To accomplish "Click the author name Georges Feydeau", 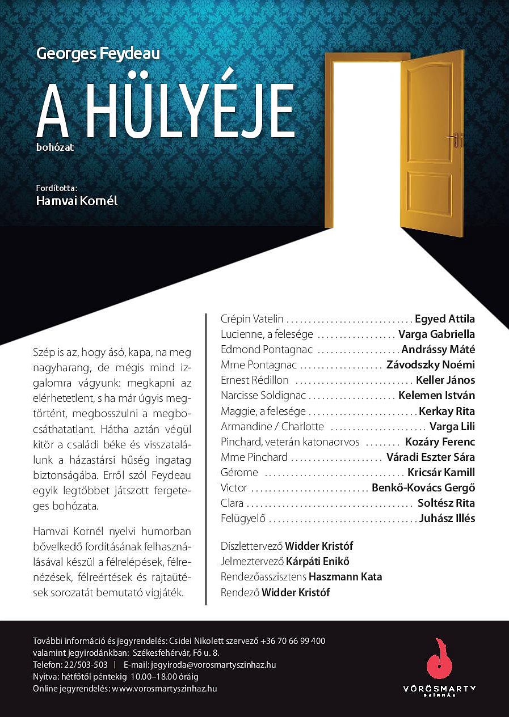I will (98, 54).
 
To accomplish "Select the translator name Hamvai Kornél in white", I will (77, 201).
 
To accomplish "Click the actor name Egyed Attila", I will (445, 319).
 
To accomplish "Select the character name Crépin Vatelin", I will (252, 319).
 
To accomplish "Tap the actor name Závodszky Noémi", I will (431, 364).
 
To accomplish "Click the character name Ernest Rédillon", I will (255, 380).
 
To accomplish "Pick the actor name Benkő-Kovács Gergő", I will (423, 487).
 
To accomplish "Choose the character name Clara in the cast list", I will (232, 503).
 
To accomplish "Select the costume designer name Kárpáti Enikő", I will (318, 562).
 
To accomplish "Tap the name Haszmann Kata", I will (346, 577).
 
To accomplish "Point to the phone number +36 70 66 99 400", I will (293, 641).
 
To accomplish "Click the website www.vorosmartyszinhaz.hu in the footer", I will (165, 688).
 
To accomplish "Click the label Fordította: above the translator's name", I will (56, 187).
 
